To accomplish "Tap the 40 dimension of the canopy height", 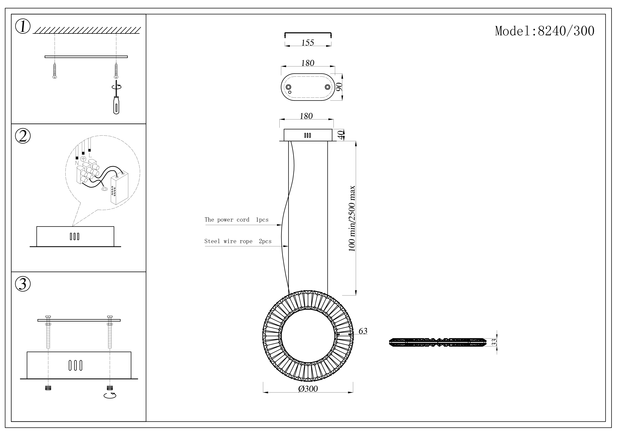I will pos(341,135).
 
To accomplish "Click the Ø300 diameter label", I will pos(308,389).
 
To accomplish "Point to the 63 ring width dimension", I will pos(363,331).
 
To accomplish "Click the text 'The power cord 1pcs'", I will pos(236,220).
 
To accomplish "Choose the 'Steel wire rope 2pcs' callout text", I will pos(238,241).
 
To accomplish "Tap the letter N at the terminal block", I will pos(77,163).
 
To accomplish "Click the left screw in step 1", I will pos(55,71).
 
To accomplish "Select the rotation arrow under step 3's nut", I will pos(110,396).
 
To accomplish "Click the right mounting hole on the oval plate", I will pos(327,87).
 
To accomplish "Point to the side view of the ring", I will pos(437,342).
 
